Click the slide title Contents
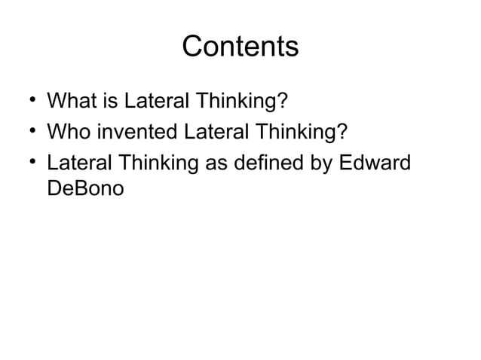pos(240,47)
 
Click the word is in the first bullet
pos(108,100)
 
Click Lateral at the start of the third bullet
pos(74,163)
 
